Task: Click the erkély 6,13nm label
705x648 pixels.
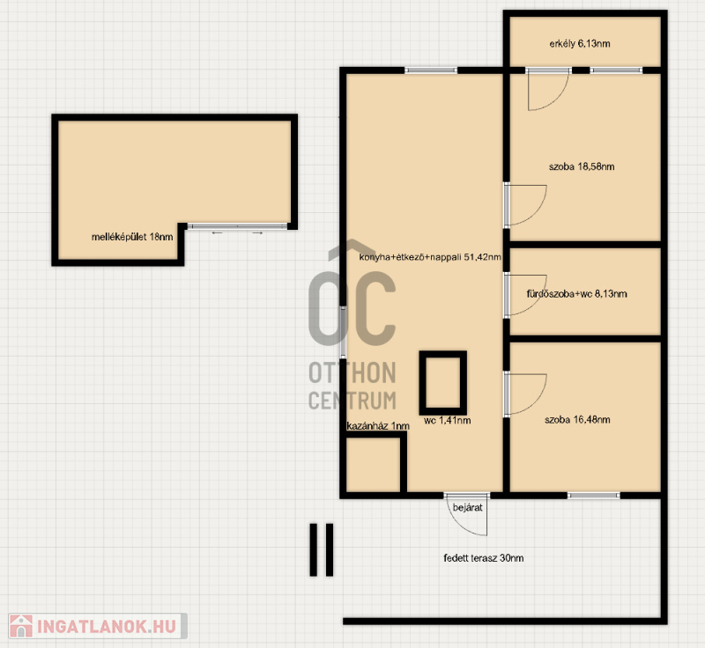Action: pos(580,43)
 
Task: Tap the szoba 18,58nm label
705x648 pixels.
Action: pos(582,166)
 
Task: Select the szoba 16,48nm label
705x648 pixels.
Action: pos(577,420)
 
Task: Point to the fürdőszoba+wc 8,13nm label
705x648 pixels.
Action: pos(577,294)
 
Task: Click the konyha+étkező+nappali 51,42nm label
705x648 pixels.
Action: pos(430,257)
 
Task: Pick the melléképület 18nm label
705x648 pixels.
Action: pos(132,237)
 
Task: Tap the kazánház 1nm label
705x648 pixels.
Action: pos(378,426)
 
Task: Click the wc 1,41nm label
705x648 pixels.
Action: pos(448,420)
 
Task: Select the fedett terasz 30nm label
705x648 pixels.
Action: pos(483,558)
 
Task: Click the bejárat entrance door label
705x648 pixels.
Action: pos(468,507)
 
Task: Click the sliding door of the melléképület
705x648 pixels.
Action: pos(237,226)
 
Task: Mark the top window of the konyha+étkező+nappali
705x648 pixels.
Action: pos(431,70)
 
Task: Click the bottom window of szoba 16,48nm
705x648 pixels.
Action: pos(593,496)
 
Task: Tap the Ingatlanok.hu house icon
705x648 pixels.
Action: pos(20,626)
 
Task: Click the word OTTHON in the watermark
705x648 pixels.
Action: pos(352,372)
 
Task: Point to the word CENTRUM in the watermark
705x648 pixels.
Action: pos(352,400)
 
